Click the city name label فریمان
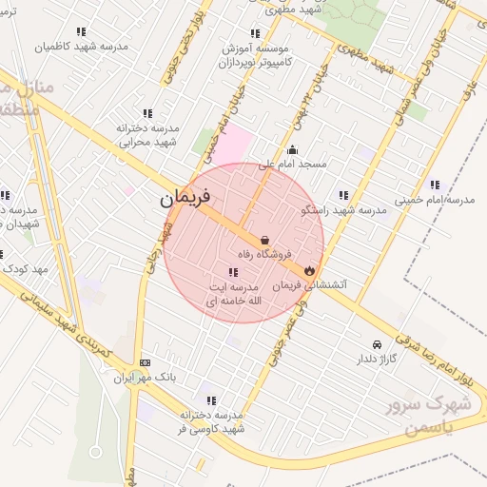(x=185, y=200)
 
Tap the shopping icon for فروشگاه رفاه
(x=264, y=241)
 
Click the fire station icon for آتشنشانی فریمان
(x=310, y=271)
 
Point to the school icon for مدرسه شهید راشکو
(x=343, y=195)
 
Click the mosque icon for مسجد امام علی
(x=291, y=149)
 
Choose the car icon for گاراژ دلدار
(x=378, y=345)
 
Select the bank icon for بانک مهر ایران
(x=145, y=362)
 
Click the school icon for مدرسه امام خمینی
(x=435, y=185)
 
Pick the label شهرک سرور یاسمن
(x=429, y=416)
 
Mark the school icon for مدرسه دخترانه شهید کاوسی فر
(x=211, y=400)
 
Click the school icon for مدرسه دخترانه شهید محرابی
(x=146, y=113)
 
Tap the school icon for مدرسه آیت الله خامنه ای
(x=233, y=272)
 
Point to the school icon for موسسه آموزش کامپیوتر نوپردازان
(x=254, y=32)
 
